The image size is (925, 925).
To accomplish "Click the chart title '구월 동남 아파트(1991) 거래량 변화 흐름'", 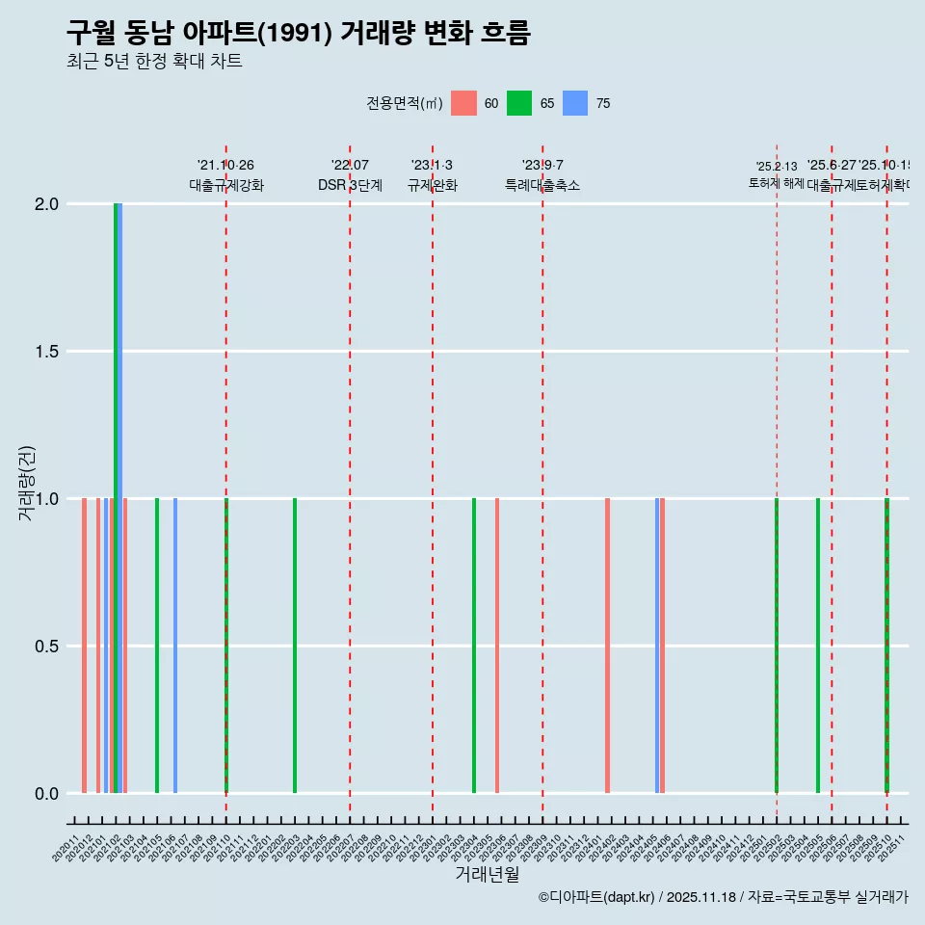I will coord(299,34).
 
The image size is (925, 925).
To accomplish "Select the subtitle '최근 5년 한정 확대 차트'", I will coord(154,62).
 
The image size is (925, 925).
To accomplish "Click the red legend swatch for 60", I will coord(464,103).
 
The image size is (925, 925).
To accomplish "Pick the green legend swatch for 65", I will coord(520,103).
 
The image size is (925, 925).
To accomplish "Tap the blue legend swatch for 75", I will coord(575,103).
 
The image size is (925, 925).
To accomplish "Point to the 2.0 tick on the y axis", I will coord(48,204).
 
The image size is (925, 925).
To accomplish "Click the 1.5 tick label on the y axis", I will coord(48,352).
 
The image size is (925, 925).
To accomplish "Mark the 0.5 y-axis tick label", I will coord(48,647).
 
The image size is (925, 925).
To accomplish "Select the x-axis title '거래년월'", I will coord(487,875).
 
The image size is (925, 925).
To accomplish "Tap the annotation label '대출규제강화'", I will coord(226,186).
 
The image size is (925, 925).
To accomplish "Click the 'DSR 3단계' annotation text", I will coord(350,186).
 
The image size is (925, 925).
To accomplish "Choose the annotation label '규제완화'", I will coord(433,186).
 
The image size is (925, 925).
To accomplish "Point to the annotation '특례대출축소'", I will coord(542,186).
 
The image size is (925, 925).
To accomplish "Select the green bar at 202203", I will coord(295,646).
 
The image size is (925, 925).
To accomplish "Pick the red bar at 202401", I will coord(607,646).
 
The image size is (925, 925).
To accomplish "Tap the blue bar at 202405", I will coord(657,646).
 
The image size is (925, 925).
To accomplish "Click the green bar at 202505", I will coord(818,646).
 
